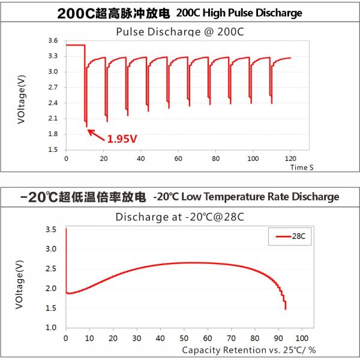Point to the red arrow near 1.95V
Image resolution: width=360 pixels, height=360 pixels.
(96, 133)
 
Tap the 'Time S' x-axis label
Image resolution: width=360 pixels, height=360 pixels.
(302, 167)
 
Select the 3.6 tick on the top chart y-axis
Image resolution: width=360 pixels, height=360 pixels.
(53, 41)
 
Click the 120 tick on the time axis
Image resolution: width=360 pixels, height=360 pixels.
(290, 159)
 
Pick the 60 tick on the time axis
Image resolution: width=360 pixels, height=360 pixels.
(178, 159)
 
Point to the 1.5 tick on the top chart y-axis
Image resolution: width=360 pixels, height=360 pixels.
(53, 149)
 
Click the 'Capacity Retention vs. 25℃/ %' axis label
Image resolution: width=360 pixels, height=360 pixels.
(248, 350)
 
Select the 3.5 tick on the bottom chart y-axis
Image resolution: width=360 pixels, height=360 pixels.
(53, 230)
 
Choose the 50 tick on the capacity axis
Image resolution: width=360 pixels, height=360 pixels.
(184, 338)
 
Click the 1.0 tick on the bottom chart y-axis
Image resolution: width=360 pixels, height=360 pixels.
(53, 328)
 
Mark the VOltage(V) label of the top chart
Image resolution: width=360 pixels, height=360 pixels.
(22, 98)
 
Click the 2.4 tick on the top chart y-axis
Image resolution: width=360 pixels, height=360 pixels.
(53, 103)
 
